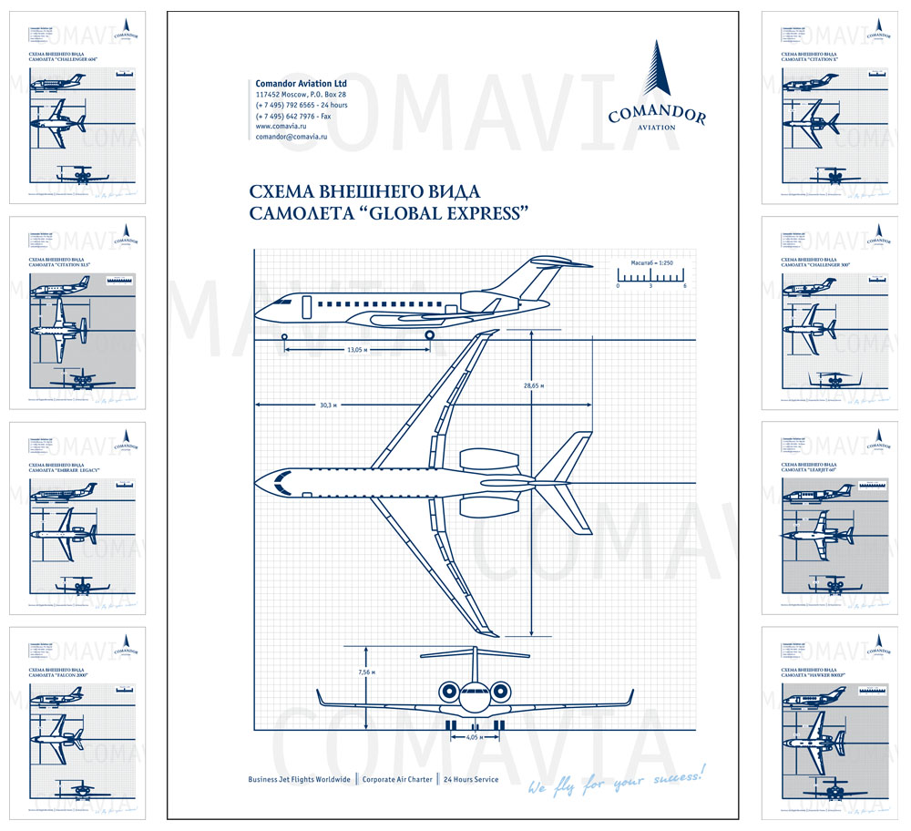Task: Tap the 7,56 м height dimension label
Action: (x=366, y=672)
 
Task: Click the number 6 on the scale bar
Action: (x=684, y=286)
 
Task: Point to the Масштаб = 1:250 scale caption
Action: (x=650, y=262)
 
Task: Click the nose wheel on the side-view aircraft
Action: (x=285, y=337)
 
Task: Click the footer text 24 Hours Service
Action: (x=471, y=780)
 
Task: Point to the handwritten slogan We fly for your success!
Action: (x=617, y=780)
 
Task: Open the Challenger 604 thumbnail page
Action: (x=77, y=108)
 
